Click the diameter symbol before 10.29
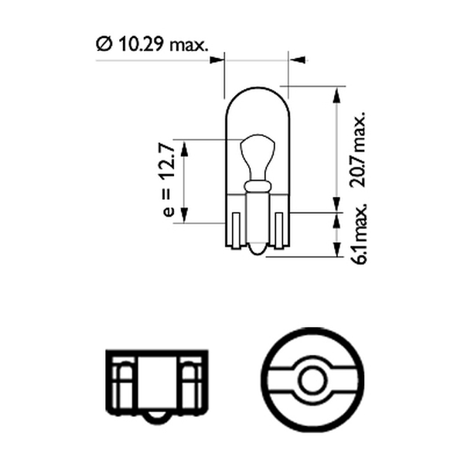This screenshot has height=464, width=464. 104,44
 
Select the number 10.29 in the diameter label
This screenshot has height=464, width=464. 142,44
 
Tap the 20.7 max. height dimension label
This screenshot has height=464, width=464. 357,149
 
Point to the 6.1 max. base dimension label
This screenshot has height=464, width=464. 359,234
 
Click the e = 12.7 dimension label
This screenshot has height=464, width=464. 169,180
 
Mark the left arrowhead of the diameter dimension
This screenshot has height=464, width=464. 217,60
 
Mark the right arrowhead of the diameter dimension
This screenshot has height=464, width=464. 297,60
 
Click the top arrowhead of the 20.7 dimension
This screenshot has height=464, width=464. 336,94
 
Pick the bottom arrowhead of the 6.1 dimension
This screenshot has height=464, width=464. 336,250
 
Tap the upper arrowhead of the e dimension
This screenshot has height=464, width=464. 184,148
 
